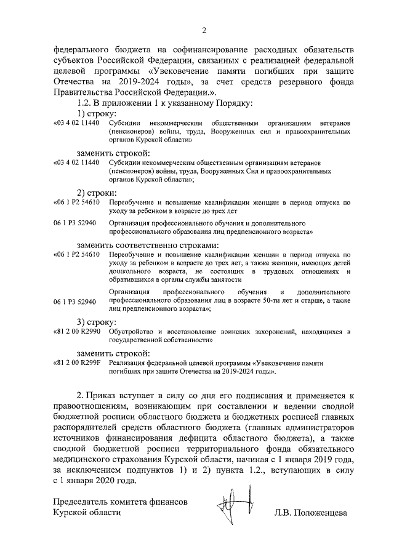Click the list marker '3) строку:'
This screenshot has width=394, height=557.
click(x=95, y=322)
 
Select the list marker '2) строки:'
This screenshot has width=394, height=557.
click(x=95, y=192)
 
